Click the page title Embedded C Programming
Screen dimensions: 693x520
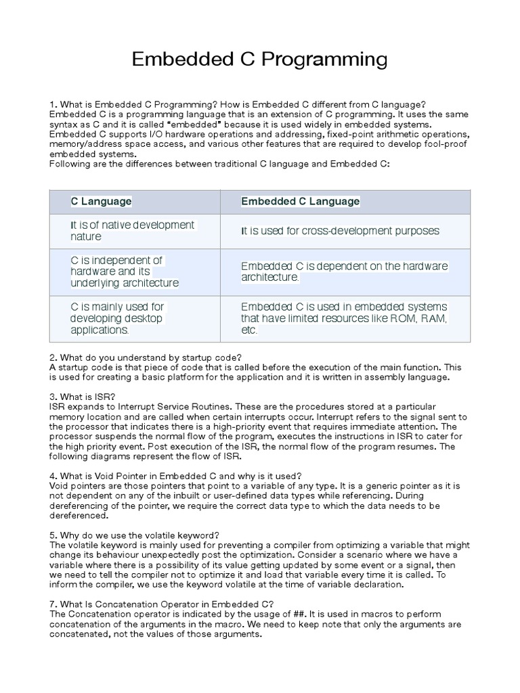point(259,60)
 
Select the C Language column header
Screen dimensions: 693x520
point(102,202)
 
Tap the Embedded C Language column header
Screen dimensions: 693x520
point(301,202)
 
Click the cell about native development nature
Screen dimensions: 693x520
point(133,231)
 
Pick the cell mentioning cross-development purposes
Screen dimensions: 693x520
point(341,231)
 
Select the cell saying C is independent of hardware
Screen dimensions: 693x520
point(125,271)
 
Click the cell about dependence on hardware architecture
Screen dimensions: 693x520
point(344,271)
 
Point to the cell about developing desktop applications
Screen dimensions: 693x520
point(118,318)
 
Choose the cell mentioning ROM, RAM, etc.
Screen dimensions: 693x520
point(344,318)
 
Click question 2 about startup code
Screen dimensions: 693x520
point(145,357)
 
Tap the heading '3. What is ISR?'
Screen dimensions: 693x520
point(85,396)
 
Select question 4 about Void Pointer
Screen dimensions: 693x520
point(175,475)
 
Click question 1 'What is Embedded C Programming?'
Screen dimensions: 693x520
point(150,104)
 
